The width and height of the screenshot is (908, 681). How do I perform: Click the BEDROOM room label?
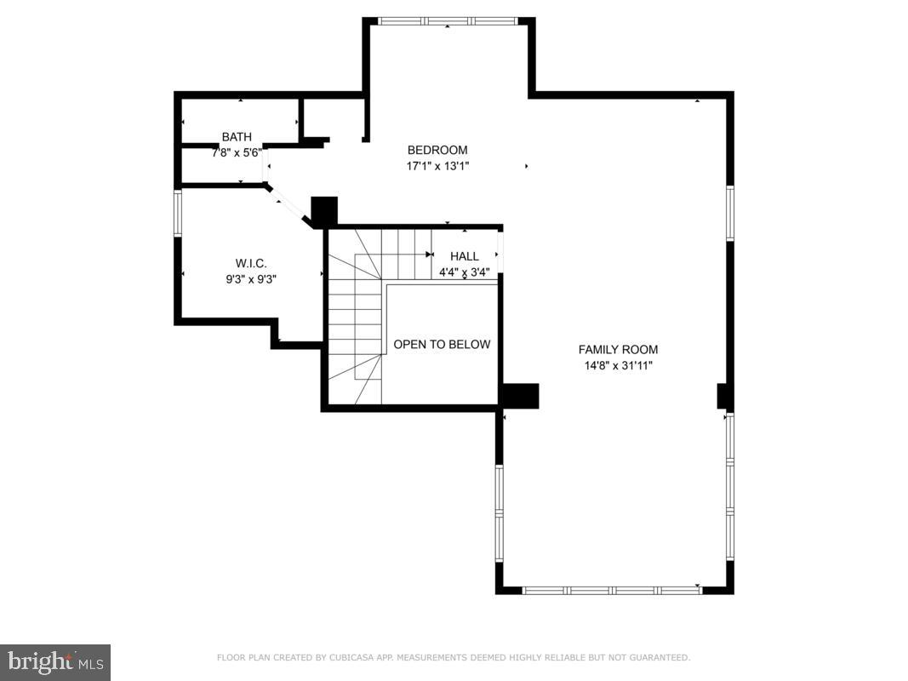pyautogui.click(x=437, y=151)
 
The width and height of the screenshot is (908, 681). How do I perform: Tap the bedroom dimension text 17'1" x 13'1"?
pyautogui.click(x=437, y=166)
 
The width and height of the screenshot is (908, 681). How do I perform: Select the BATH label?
pyautogui.click(x=237, y=137)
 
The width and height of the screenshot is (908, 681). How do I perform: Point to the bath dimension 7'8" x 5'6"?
pyautogui.click(x=237, y=152)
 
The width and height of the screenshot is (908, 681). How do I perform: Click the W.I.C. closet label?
pyautogui.click(x=251, y=263)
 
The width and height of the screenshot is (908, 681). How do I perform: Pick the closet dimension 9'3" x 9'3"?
pyautogui.click(x=251, y=278)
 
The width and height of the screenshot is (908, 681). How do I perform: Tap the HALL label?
pyautogui.click(x=464, y=256)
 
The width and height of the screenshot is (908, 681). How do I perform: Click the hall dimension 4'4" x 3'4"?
pyautogui.click(x=464, y=272)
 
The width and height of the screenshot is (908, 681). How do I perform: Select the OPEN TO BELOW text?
pyautogui.click(x=442, y=345)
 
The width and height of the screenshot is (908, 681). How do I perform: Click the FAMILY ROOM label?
pyautogui.click(x=618, y=350)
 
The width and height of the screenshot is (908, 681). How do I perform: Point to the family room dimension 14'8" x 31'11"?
pyautogui.click(x=618, y=365)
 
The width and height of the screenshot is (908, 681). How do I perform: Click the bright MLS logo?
pyautogui.click(x=55, y=661)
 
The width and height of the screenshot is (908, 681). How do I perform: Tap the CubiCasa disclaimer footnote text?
pyautogui.click(x=454, y=657)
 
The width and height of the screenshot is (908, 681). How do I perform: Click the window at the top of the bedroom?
pyautogui.click(x=448, y=21)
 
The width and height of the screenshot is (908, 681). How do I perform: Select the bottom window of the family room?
pyautogui.click(x=611, y=589)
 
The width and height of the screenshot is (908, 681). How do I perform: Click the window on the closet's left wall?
pyautogui.click(x=178, y=212)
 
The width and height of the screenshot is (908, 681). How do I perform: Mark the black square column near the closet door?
pyautogui.click(x=324, y=211)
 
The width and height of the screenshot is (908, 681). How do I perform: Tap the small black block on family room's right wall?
pyautogui.click(x=724, y=397)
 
